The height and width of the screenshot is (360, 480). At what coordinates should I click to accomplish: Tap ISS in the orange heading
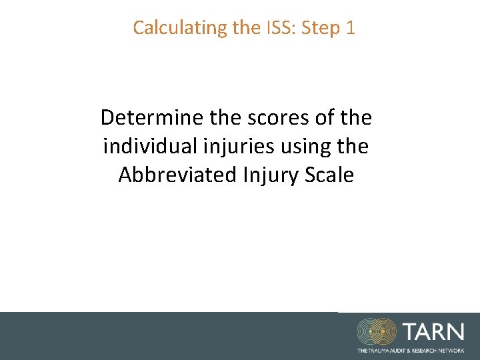point(281,28)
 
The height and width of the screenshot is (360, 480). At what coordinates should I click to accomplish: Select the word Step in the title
point(322,28)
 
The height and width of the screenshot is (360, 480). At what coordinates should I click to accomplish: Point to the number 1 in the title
point(351,28)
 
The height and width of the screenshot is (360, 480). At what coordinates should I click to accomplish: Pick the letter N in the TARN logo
point(455,332)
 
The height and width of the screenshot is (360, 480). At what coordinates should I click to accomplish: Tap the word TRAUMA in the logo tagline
point(377,350)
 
